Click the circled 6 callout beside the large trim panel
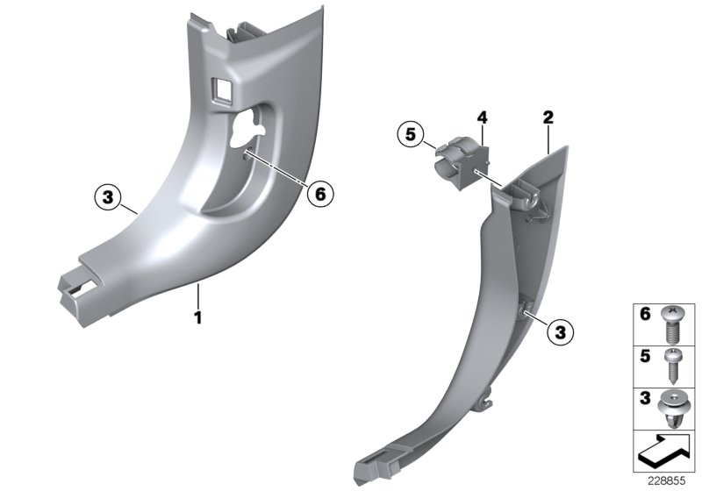coord(319,194)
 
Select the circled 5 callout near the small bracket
coord(407,135)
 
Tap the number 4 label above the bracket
coord(482,117)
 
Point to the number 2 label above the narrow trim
coord(548,117)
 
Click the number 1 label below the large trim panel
coord(198,317)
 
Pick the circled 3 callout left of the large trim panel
coord(107,198)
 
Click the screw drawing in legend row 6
coord(673,324)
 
